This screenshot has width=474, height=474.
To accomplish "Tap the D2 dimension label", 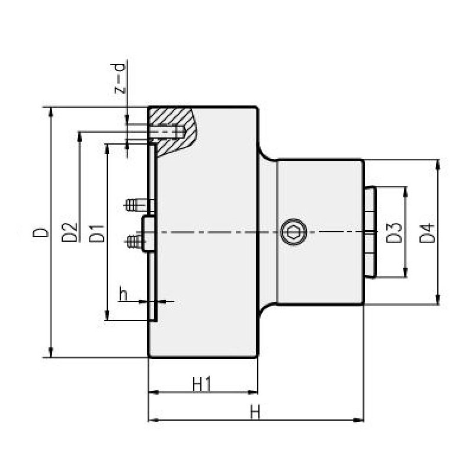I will pos(70,232).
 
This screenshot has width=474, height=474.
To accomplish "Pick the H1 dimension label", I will pos(203,384).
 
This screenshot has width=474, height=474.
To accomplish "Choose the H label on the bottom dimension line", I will pos(255,412).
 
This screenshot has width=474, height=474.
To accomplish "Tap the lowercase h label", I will pos(123,293).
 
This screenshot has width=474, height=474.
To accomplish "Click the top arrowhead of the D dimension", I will pos(52,111).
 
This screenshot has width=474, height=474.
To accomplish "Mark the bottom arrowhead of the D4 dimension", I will pos(437,300).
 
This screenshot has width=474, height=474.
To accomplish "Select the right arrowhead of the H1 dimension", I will pos(255,392).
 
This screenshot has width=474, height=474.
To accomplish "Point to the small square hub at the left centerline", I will pos(148,232).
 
